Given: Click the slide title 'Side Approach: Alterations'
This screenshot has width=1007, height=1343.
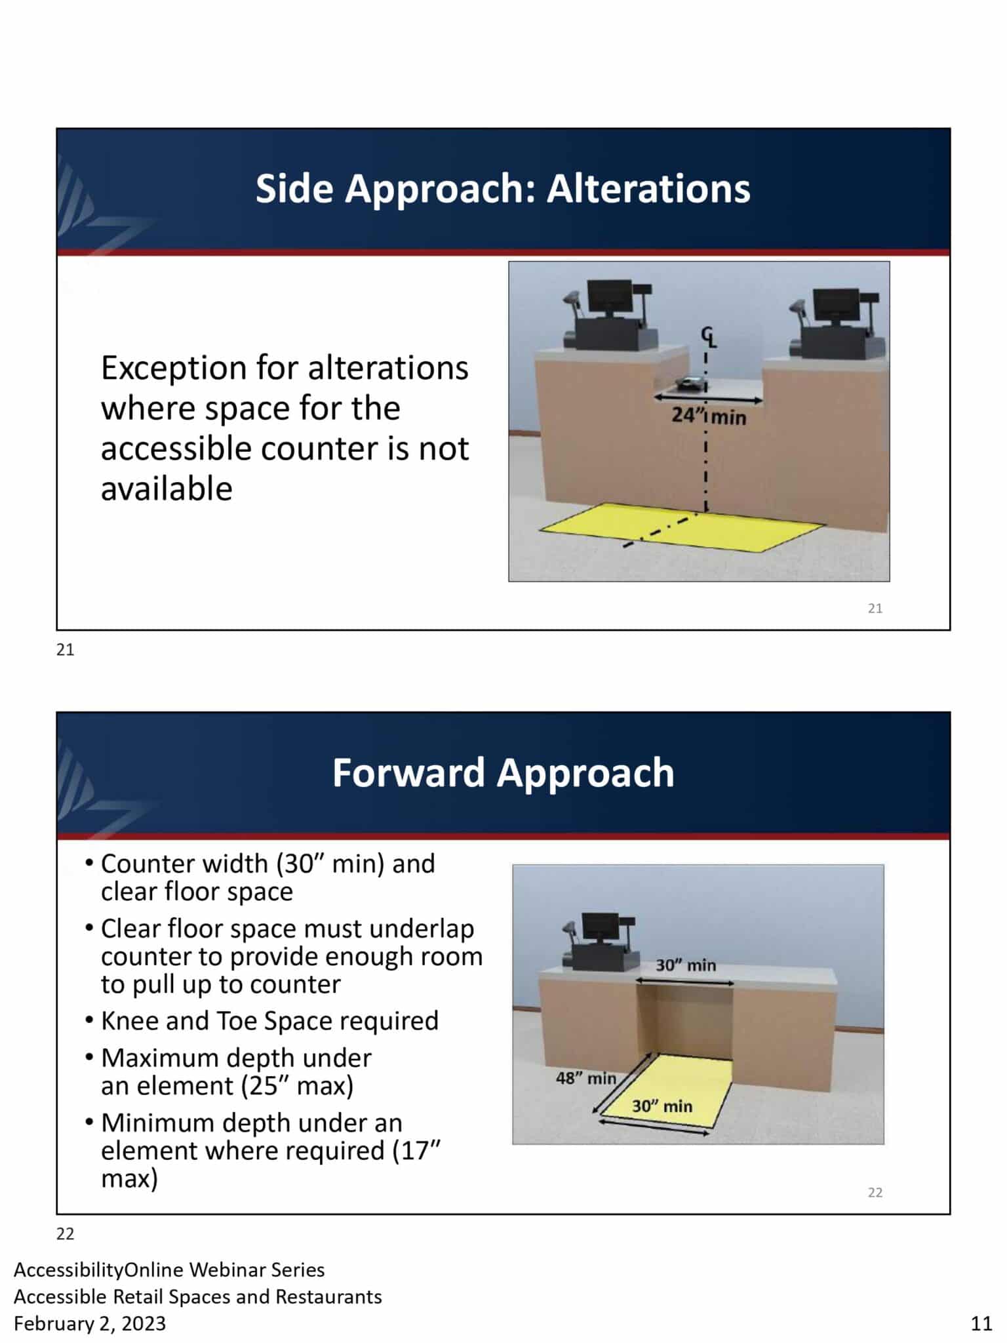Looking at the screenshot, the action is click(503, 189).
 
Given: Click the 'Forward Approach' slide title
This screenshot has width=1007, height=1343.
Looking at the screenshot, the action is click(503, 772).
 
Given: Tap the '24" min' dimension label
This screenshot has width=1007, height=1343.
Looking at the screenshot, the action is click(709, 416).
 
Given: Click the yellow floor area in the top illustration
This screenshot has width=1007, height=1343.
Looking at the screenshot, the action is click(682, 527).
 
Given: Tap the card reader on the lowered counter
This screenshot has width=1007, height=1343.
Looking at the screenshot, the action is click(691, 384).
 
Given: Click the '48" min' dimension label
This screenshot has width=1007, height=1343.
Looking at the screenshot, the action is click(586, 1078).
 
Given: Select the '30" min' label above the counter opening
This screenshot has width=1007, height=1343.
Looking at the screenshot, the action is click(686, 965).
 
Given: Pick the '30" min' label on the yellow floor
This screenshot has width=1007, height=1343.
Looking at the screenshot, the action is click(662, 1106).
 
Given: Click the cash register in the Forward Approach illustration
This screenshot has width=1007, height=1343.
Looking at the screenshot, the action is click(599, 941).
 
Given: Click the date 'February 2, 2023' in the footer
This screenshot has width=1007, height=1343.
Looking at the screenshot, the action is click(90, 1323).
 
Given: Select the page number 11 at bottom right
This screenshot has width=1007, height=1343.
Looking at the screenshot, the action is click(981, 1323).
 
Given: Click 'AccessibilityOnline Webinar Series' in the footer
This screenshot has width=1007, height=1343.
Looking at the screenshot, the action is click(169, 1270).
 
